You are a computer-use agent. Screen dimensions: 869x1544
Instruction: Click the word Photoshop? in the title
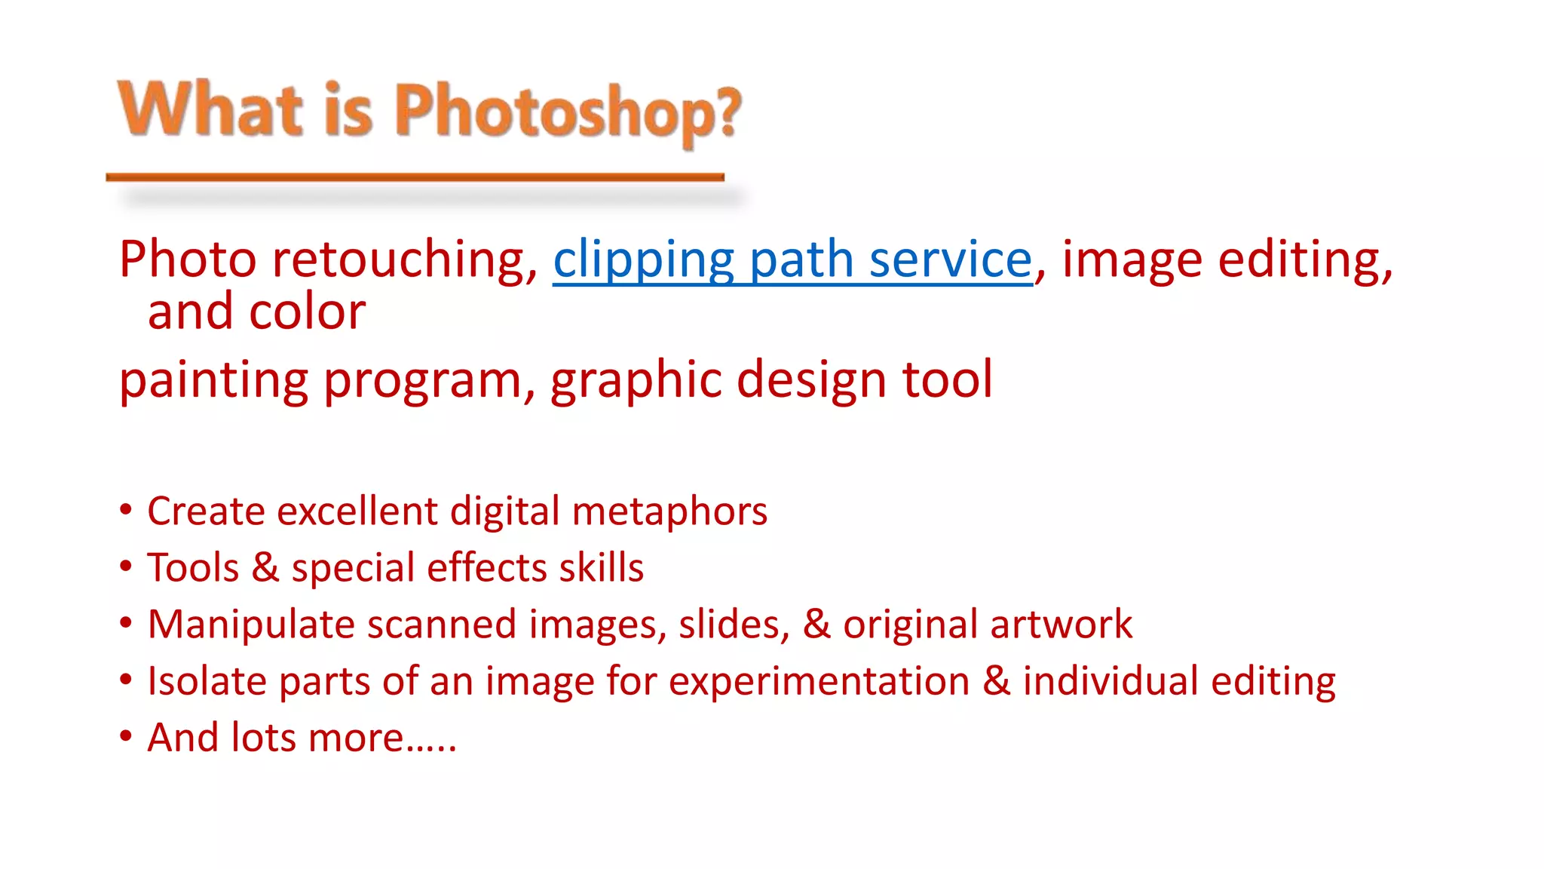568,112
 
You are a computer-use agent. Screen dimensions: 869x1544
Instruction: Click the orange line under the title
415,177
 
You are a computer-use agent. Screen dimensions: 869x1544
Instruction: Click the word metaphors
669,512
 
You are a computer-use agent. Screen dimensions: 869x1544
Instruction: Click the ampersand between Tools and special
265,567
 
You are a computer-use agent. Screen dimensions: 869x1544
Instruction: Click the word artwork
1061,625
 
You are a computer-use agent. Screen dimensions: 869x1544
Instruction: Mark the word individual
1110,681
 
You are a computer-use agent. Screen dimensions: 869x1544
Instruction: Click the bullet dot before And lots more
126,735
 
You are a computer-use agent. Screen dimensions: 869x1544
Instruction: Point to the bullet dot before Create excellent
126,510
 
